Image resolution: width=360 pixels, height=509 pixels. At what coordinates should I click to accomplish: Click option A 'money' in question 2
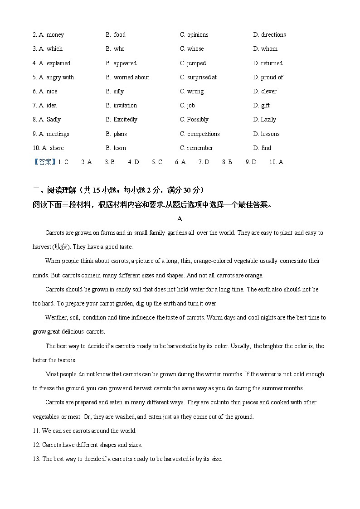click(x=55, y=35)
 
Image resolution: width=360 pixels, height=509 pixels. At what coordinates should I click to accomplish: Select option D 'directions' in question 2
click(x=273, y=35)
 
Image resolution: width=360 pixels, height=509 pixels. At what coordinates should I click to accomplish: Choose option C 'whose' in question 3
click(x=195, y=49)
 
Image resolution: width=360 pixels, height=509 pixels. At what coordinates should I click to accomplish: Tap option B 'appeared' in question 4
click(x=125, y=63)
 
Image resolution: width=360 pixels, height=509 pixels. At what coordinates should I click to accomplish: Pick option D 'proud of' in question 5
click(x=272, y=78)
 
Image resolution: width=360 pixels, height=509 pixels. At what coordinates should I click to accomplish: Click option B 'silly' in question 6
click(x=118, y=92)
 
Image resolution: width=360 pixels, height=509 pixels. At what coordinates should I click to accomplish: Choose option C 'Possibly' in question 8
click(x=198, y=120)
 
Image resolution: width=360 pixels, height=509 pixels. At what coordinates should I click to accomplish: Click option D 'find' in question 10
click(x=266, y=148)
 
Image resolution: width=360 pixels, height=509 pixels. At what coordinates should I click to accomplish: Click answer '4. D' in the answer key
click(x=133, y=162)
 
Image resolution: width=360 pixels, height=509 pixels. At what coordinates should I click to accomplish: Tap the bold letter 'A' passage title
click(x=180, y=219)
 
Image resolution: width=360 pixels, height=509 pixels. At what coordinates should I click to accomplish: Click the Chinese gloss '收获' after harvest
click(x=60, y=247)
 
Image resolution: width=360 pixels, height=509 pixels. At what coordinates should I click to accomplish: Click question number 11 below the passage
click(x=36, y=431)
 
